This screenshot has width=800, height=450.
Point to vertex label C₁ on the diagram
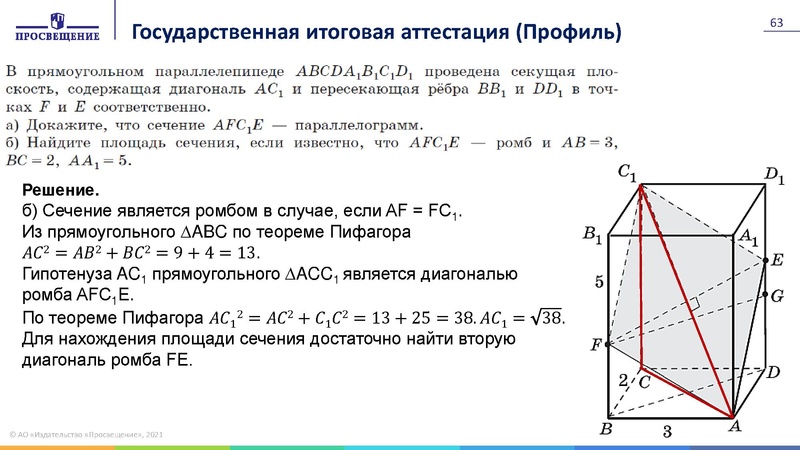[x=627, y=173]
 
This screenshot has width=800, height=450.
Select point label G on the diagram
[x=775, y=296]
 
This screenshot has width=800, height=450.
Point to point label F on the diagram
[x=597, y=345]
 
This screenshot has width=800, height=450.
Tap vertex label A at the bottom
[x=734, y=426]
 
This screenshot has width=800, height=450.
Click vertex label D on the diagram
[x=772, y=373]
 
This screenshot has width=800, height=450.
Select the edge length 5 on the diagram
[x=599, y=283]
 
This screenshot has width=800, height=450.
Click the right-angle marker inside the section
[x=692, y=300]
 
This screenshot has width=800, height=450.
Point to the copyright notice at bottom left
[x=86, y=433]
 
